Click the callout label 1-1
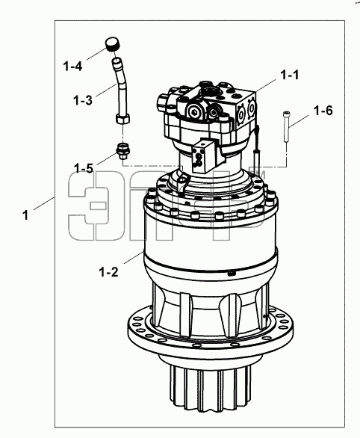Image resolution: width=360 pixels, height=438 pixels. [289, 75]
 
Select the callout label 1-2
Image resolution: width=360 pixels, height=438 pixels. [108, 272]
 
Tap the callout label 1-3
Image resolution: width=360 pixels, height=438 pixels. [83, 100]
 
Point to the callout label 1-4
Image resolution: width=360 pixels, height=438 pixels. [72, 67]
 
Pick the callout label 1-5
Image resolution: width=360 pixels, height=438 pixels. [84, 168]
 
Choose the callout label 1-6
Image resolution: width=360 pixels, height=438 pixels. [323, 111]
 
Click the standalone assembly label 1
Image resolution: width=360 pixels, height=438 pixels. [25, 215]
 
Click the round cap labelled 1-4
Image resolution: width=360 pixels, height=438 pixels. [113, 44]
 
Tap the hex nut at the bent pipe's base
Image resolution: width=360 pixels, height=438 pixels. [122, 119]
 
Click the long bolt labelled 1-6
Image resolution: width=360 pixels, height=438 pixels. [286, 126]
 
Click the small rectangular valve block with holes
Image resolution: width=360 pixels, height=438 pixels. [203, 156]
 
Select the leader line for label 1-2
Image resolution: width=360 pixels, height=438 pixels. [134, 257]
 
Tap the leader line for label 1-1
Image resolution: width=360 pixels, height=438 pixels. [265, 85]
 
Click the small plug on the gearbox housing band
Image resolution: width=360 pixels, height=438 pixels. [232, 274]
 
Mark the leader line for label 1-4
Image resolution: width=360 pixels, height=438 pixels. [96, 54]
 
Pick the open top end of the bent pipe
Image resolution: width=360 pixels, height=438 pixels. [117, 60]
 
